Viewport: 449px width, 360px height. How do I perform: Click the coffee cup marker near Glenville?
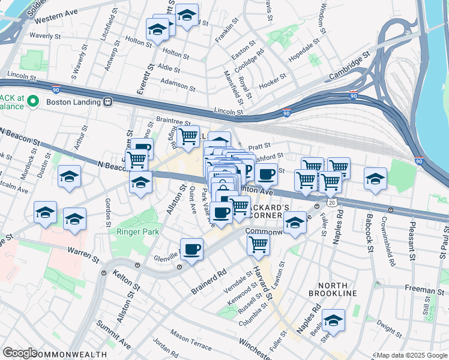(191, 249)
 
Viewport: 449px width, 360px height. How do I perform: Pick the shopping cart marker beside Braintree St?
(189, 137)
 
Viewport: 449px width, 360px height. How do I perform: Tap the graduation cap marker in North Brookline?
(333, 320)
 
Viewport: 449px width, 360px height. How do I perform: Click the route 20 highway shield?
(331, 203)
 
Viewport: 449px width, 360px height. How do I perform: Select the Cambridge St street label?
(348, 70)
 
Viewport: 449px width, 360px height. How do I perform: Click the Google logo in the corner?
(20, 353)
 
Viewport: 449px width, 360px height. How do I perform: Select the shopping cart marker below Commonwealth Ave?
(258, 243)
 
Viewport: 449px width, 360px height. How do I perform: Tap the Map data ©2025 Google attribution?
(411, 355)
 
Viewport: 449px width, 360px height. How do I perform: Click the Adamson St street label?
(178, 83)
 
